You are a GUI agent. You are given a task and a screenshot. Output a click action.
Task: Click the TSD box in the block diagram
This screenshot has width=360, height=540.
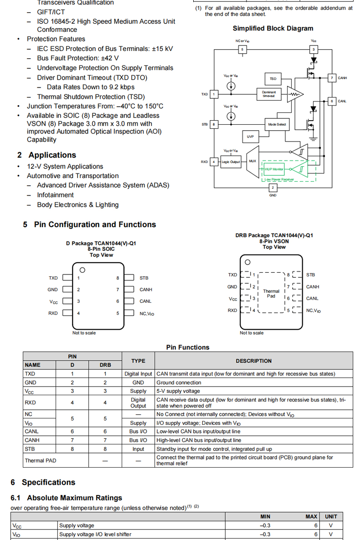tap(273, 79)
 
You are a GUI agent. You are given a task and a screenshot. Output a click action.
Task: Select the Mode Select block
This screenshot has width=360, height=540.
tap(277, 124)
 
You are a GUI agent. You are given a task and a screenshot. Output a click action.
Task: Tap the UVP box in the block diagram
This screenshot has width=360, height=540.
tap(250, 137)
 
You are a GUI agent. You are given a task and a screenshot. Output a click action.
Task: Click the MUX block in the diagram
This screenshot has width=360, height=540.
tap(252, 161)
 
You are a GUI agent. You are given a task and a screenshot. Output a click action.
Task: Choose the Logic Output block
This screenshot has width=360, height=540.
tap(231, 162)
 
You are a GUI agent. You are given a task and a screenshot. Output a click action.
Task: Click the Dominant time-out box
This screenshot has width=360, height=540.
tap(269, 94)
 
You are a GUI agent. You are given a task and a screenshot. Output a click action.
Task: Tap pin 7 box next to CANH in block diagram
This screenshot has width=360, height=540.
tap(332, 78)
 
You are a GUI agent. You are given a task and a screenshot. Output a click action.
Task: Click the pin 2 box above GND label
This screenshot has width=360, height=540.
tap(273, 188)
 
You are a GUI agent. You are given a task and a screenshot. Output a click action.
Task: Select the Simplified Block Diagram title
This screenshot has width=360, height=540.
tap(273, 28)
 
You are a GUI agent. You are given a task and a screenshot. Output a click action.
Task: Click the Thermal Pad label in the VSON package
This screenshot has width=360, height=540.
tap(271, 293)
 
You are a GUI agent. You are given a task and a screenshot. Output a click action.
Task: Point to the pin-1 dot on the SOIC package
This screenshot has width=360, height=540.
tap(82, 270)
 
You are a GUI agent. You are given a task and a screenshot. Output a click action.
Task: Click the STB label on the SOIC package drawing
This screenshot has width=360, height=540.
tap(144, 278)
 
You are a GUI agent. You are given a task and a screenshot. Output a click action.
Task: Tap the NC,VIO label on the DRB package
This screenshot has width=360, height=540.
tap(313, 311)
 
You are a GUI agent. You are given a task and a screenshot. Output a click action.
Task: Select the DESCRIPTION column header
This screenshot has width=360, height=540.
tap(253, 361)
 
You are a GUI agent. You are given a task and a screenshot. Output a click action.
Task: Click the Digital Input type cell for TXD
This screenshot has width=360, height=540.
tap(138, 374)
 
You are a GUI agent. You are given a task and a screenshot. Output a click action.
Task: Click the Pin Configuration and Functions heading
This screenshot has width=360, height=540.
tap(89, 224)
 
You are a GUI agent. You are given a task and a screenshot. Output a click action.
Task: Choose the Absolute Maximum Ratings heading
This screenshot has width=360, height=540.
tap(66, 498)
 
